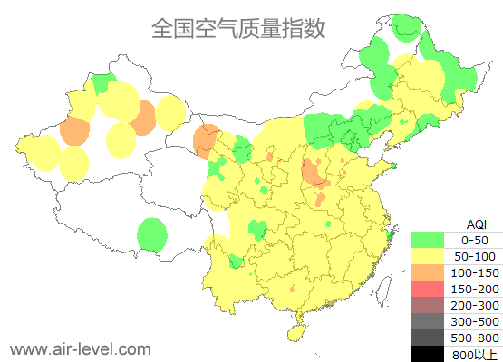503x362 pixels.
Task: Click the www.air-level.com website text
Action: pos(80,348)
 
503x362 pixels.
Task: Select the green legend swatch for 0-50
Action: pos(428,240)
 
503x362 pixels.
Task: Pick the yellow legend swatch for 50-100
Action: pos(428,256)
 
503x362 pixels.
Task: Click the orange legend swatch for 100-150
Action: pos(428,272)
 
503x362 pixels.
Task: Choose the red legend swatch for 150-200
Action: pos(428,289)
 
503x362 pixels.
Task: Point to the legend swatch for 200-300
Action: pos(428,305)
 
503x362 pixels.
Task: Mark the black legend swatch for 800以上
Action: pos(428,354)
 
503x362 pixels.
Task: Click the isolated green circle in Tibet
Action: pos(152,236)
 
